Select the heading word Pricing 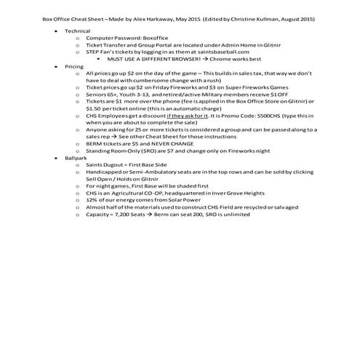tap(74, 66)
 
